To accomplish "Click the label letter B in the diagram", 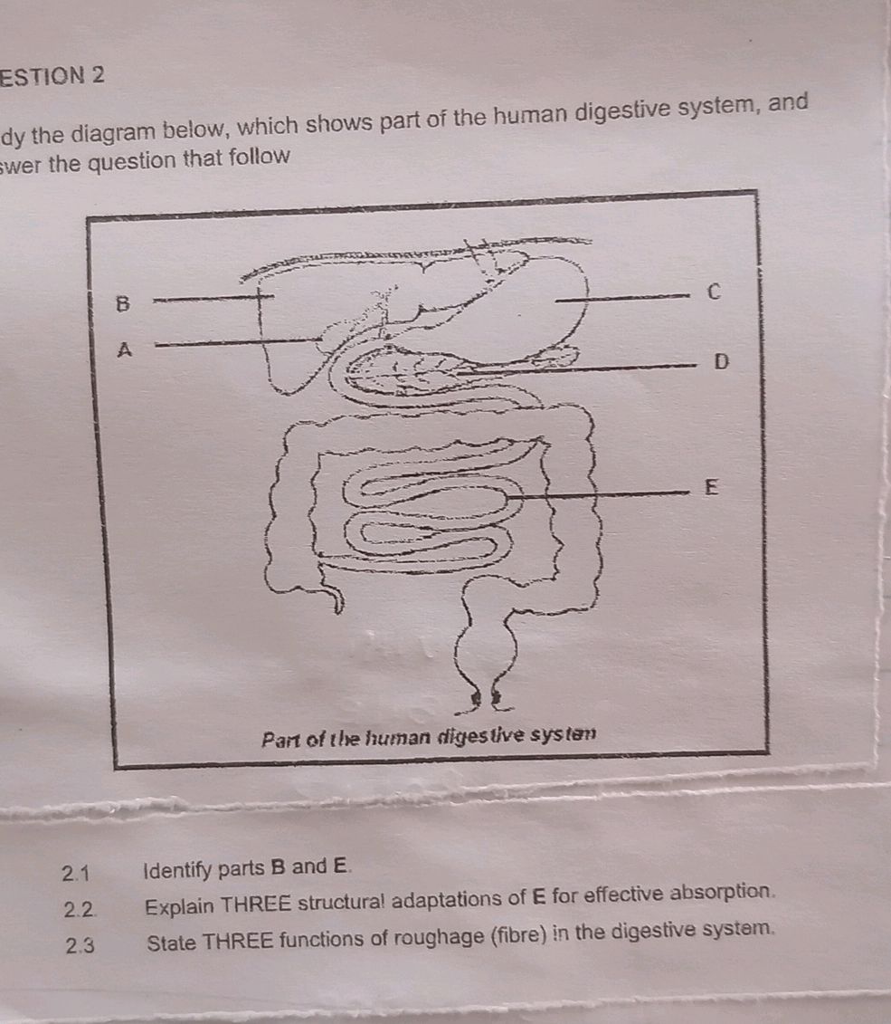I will click(125, 302).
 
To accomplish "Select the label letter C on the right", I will click(713, 292).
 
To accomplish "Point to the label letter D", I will click(720, 363).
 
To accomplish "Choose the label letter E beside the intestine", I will click(711, 488).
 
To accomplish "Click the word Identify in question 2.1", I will click(179, 870).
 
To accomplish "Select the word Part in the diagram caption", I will click(279, 738).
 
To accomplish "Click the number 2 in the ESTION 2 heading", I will click(97, 76).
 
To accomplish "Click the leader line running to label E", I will click(606, 494).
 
